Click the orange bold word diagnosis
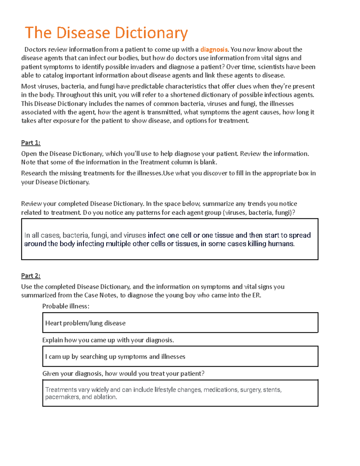pos(214,50)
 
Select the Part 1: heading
pos(31,143)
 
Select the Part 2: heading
pos(31,276)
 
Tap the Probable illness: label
pos(66,306)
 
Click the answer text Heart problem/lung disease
pos(85,323)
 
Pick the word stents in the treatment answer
pos(272,390)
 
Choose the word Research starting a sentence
pos(34,173)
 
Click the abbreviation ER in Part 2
pos(256,295)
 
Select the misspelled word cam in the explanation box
pos(55,357)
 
